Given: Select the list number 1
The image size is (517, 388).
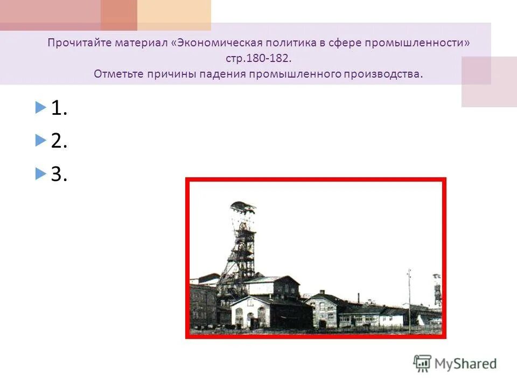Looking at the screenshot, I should (59, 109).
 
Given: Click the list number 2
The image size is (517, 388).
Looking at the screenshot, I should (59, 141).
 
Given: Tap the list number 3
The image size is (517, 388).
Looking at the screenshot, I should (59, 174).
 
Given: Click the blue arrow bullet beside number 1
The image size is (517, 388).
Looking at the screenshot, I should (40, 108).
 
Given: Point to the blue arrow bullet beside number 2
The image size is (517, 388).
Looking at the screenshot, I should (40, 141).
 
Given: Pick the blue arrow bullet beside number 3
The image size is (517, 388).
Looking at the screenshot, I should (40, 173).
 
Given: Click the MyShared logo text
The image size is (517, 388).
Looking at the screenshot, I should (466, 363).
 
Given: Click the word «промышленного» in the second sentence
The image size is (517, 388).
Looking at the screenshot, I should (295, 73).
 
